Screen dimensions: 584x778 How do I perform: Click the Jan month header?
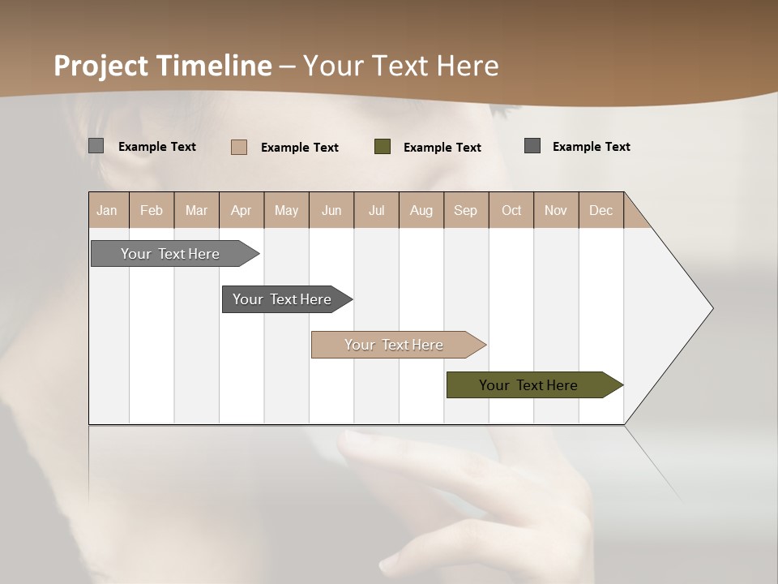pos(107,210)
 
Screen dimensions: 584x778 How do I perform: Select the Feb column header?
pos(152,210)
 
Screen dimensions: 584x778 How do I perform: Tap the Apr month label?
pos(241,210)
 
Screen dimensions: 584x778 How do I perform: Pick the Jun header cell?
pos(331,210)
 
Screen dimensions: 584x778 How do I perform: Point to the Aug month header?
pos(421,210)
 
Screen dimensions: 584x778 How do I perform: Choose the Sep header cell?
pos(465,210)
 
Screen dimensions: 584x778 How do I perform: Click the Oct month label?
pos(511,210)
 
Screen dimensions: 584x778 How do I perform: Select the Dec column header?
pos(601,210)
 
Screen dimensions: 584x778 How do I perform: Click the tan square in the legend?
pos(239,147)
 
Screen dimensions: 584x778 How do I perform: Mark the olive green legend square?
pos(383,147)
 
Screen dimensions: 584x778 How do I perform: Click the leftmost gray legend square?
pos(96,146)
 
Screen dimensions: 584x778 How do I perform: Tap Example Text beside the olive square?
pos(442,147)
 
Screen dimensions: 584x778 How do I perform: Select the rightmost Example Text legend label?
pos(591,146)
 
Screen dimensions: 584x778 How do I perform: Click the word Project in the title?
pos(101,66)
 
